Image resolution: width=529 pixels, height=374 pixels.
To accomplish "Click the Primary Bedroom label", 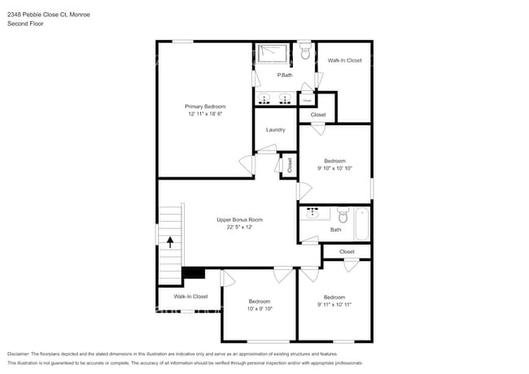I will (204, 107).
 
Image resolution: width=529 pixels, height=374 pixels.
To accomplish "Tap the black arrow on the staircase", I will (170, 241).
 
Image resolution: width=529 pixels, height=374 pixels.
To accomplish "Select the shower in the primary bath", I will (273, 54).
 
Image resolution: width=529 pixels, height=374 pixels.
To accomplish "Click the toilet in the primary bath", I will (305, 52).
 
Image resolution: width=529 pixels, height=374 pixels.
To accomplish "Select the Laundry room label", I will (275, 129).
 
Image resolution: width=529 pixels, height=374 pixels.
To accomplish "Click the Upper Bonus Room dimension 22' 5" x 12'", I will (239, 228).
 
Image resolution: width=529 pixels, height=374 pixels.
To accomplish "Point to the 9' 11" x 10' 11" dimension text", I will (335, 304).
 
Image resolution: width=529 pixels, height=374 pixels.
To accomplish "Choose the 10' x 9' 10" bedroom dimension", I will (260, 308).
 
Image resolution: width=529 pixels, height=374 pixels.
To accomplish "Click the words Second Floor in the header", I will (25, 24).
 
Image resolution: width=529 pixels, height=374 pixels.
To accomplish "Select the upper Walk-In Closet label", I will (344, 60).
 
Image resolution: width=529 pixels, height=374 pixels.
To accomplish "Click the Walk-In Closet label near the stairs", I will (190, 297).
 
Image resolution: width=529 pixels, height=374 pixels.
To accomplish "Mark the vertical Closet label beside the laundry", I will (289, 165).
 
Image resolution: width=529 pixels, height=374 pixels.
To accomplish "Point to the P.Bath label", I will (285, 75).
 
